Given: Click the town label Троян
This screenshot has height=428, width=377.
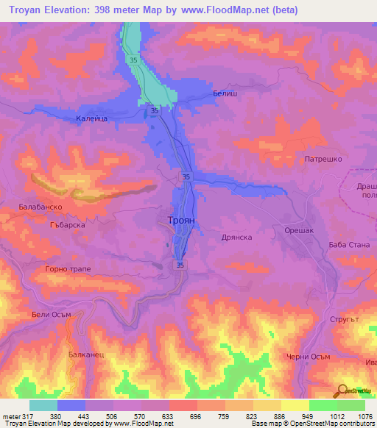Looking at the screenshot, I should pyautogui.click(x=178, y=219).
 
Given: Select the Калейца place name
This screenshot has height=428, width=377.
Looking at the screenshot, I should pyautogui.click(x=93, y=117).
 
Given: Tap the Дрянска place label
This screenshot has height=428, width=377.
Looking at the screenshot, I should pyautogui.click(x=236, y=238).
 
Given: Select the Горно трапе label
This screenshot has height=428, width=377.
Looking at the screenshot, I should pyautogui.click(x=68, y=270).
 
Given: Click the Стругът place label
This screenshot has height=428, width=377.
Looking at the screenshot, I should pyautogui.click(x=346, y=321).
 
